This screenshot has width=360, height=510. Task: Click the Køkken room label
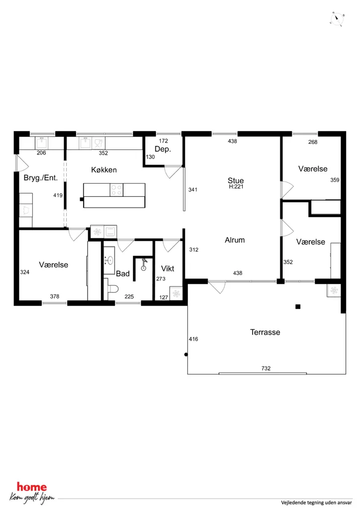pos(104,170)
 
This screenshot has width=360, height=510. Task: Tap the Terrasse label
pos(265,332)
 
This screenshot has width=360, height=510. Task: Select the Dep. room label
pos(163,149)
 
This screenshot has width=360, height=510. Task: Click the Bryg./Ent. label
pos(41,178)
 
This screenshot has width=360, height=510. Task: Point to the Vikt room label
pos(167,268)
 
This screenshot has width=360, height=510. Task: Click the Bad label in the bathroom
pos(123,273)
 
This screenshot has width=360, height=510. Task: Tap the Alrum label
pos(235,240)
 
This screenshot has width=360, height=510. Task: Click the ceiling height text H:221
pos(236,187)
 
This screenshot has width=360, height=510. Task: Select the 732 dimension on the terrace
pos(266,368)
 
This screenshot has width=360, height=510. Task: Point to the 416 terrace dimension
pos(194,339)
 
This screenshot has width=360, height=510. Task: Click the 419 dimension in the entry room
pos(58,195)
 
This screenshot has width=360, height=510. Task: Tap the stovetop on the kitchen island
pos(117,190)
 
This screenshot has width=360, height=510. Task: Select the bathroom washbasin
pos(109,260)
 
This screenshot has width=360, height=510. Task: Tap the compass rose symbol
pos(337,19)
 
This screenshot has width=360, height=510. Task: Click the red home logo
pos(32,487)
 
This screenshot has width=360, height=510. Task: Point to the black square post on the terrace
pos(298,306)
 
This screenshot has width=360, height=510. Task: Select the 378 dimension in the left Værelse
pos(55,296)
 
